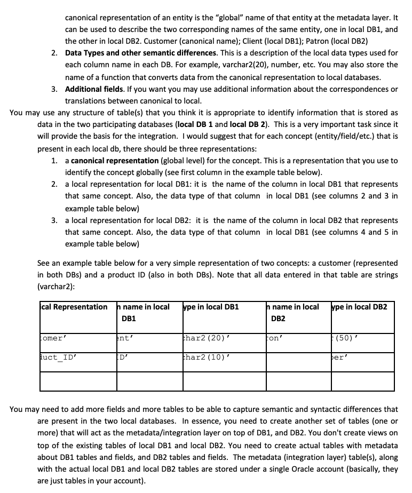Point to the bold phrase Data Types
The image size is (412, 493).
86,53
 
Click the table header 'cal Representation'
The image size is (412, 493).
74,307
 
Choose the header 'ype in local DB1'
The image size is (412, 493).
210,307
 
